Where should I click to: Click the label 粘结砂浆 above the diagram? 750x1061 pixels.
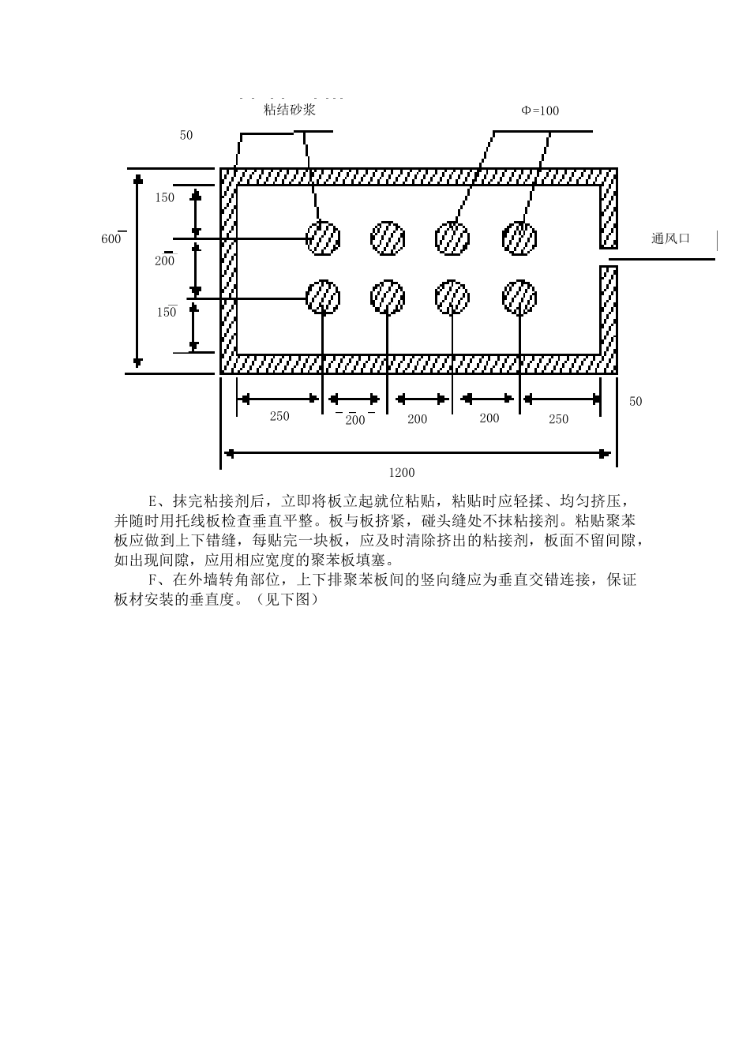(x=290, y=110)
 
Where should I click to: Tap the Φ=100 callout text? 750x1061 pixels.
(x=540, y=111)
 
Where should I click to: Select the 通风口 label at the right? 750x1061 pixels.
(x=670, y=238)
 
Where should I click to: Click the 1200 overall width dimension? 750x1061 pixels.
(x=401, y=473)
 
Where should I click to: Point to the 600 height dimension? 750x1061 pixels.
(x=111, y=239)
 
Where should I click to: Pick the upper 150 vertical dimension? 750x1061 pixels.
(x=164, y=197)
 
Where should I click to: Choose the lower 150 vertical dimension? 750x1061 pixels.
(x=166, y=312)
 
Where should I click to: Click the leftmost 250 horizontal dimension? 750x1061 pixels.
(x=279, y=416)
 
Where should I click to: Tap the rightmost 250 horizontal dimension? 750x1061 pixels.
(x=558, y=419)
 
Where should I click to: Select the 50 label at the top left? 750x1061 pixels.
(x=186, y=135)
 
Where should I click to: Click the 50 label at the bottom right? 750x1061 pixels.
(x=636, y=401)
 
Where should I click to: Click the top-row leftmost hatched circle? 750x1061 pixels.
(x=323, y=238)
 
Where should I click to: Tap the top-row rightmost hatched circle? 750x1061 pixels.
(x=519, y=238)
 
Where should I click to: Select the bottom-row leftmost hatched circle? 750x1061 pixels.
(x=323, y=297)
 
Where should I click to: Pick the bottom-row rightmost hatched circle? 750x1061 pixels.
(x=519, y=297)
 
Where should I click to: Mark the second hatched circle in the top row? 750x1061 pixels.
(x=388, y=238)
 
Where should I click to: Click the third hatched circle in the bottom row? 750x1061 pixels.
(x=452, y=297)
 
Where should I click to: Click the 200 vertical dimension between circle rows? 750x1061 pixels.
(x=164, y=261)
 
